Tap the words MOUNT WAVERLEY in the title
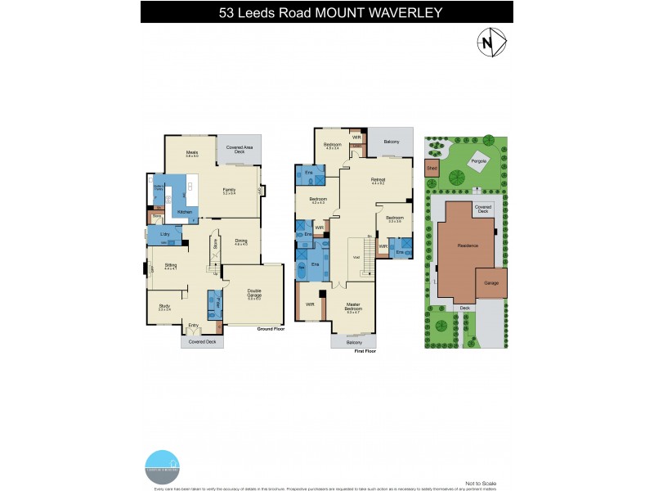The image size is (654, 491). [385, 12]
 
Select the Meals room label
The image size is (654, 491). [192, 153]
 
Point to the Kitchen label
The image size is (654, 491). [185, 212]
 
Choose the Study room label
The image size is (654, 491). [163, 307]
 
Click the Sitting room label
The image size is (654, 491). [171, 266]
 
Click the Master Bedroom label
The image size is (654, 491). [353, 309]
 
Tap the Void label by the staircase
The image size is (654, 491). [356, 256]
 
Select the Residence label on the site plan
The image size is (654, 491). [468, 245]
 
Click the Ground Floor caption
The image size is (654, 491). [269, 329]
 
